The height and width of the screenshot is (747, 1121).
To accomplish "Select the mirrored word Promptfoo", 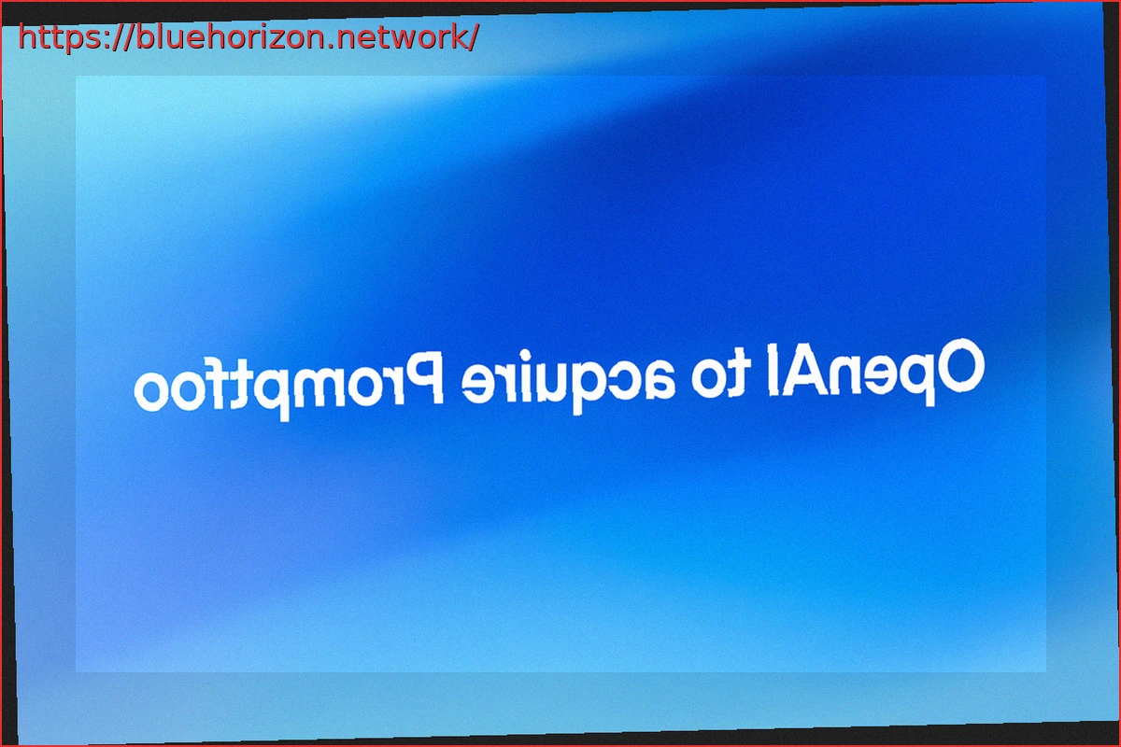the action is click(289, 387).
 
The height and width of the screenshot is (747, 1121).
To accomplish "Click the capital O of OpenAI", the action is click(958, 364).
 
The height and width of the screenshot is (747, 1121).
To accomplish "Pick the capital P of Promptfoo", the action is click(424, 378).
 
